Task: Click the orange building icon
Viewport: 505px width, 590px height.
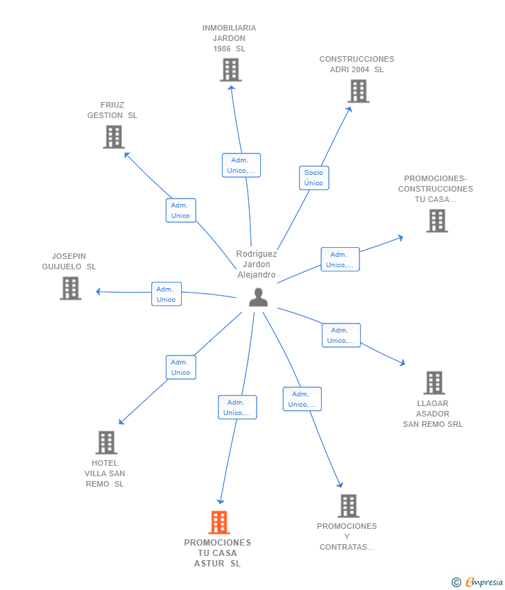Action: [x=219, y=522]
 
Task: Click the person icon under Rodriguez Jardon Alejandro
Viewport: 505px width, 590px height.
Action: [x=258, y=297]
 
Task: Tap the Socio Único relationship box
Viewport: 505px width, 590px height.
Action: [x=314, y=178]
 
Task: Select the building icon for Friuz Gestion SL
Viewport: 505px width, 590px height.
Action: [x=114, y=137]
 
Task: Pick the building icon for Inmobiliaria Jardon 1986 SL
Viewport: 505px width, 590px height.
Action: [x=230, y=69]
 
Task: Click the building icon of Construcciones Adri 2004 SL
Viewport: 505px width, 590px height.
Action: [x=359, y=91]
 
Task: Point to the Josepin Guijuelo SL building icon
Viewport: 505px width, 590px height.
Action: [x=70, y=288]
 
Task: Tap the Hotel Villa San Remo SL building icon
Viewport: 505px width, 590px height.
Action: [x=106, y=443]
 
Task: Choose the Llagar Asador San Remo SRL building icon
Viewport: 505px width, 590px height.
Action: [x=434, y=382]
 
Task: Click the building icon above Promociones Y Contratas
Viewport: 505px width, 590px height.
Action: [x=348, y=506]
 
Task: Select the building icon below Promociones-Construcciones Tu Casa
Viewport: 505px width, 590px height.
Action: [x=437, y=221]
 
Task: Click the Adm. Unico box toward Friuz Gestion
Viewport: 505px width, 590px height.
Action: [x=181, y=210]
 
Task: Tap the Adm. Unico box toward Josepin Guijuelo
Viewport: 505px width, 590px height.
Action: [x=166, y=294]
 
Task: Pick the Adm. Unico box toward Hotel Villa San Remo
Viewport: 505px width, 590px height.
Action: [x=181, y=367]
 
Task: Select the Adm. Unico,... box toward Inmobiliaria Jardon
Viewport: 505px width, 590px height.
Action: [x=241, y=165]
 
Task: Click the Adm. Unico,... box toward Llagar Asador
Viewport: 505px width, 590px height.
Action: [x=341, y=335]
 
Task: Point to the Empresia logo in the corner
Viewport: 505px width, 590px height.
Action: [x=477, y=582]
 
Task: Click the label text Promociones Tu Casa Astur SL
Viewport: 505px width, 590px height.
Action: [x=217, y=553]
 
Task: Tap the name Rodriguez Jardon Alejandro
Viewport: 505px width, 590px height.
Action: [x=257, y=264]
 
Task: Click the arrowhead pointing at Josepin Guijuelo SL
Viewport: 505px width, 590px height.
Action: [x=98, y=292]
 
